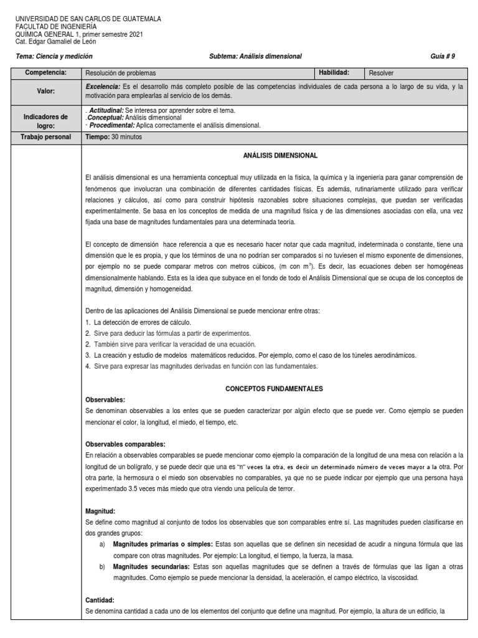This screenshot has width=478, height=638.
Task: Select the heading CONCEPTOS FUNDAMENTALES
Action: pos(274,388)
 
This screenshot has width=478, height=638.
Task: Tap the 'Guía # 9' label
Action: pos(443,56)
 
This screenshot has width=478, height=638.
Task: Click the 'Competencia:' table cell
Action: pos(45,73)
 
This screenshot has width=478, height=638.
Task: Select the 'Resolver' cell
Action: pos(382,73)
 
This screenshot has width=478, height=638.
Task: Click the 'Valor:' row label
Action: pos(45,91)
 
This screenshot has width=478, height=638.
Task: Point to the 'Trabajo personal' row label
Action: pos(45,137)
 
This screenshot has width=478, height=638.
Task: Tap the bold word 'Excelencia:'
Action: pos(103,87)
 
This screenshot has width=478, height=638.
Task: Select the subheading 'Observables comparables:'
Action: pos(125,444)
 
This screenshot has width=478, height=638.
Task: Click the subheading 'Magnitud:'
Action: pos(101,510)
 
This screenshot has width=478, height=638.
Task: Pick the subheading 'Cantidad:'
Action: pos(100,599)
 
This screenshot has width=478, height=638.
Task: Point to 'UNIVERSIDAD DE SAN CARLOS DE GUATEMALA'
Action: pos(88,19)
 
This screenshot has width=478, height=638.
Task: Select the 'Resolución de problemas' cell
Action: pos(121,73)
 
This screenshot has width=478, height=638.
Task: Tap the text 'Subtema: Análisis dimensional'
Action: pos(255,56)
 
